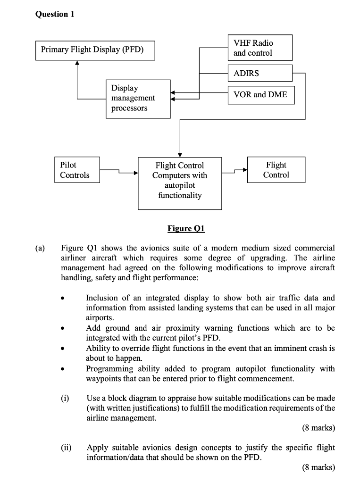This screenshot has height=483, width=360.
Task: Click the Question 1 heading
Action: point(55,14)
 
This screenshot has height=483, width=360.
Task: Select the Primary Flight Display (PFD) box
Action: point(95,50)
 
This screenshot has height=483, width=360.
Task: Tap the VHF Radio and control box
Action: point(260,48)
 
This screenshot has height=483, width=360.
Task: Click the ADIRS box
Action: point(260,73)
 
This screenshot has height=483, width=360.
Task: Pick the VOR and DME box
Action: point(261,94)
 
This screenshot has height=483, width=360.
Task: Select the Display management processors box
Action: point(138,98)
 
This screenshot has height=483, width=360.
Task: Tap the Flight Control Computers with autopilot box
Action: point(179,183)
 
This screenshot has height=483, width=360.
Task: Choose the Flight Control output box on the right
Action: point(276,170)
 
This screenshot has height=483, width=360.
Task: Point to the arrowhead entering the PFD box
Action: point(77,64)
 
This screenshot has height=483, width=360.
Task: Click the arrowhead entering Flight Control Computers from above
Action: point(180,154)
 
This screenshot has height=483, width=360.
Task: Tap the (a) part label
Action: point(40,248)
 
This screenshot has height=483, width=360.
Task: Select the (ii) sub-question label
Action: point(66,447)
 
